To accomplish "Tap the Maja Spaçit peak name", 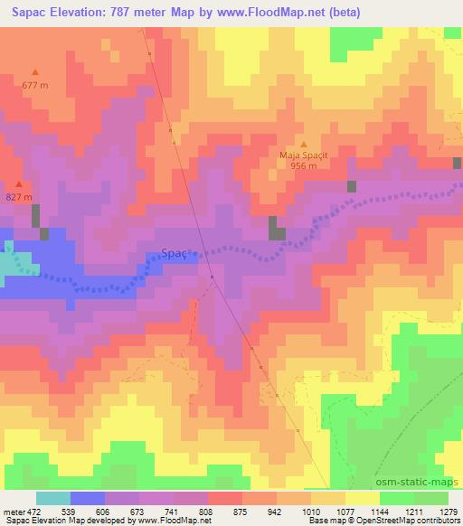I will pos(303,155).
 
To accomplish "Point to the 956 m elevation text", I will pos(303,165).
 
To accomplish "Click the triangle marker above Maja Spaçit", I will pos(303,143).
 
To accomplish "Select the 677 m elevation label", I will pos(35,85).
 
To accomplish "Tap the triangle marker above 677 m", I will pos(35,72).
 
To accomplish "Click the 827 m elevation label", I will pos(18,197).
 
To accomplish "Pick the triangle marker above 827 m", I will pos(18,184).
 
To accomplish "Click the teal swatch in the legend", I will pos(52,497).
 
